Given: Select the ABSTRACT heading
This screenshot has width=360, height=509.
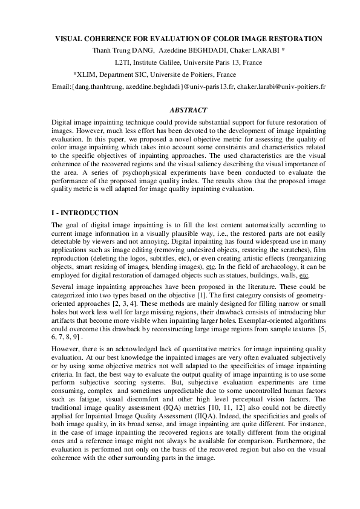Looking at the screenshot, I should (x=189, y=110).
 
